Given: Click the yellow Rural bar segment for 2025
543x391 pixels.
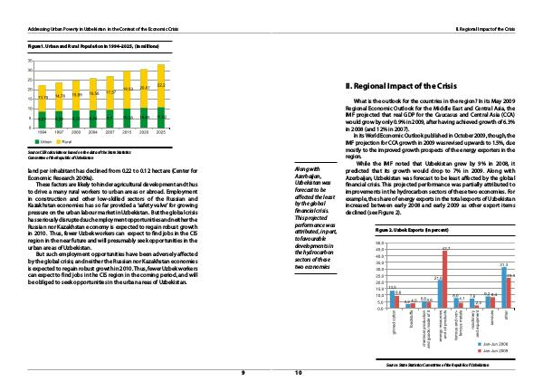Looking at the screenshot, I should coord(161,88).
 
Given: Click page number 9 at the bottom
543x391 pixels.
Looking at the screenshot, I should coord(243,373).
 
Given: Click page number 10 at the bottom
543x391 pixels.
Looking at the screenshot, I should coord(298,373).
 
